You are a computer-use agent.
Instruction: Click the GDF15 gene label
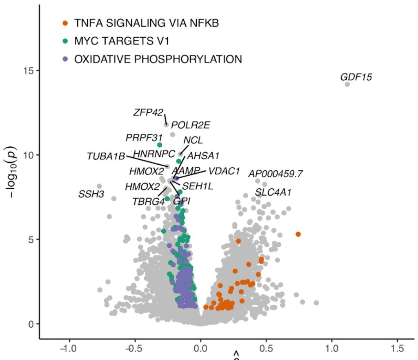click(356, 76)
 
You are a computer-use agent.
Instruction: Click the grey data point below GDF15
click(347, 84)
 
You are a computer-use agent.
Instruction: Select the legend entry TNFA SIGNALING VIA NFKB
click(147, 23)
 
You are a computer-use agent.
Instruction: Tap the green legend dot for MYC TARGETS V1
click(65, 41)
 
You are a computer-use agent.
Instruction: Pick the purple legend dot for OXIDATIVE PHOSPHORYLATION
click(65, 59)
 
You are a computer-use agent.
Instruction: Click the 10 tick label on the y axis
click(28, 155)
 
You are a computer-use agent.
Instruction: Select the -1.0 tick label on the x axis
click(68, 349)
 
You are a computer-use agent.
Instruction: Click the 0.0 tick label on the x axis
click(200, 349)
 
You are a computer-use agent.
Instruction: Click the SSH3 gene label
click(91, 195)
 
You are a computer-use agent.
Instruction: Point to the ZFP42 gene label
click(148, 112)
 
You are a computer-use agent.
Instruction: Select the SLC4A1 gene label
click(273, 192)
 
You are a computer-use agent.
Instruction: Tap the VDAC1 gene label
click(224, 171)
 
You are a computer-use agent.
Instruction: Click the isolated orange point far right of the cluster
click(298, 234)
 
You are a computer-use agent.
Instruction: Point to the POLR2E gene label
click(191, 125)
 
